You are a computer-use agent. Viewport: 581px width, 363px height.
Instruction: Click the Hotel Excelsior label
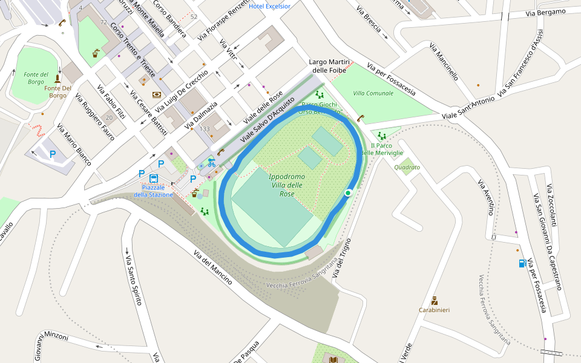(x=269, y=6)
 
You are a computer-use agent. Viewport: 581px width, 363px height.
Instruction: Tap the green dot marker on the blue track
(x=348, y=192)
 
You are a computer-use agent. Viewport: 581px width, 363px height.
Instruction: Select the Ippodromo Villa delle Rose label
(x=287, y=185)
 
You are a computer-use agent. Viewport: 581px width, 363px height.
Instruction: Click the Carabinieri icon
(x=434, y=301)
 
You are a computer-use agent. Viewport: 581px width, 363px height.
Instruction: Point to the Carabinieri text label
(x=434, y=310)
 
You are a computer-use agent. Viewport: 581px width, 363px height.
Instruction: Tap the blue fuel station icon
(x=522, y=263)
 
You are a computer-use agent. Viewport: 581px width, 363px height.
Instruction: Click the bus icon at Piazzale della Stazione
(x=154, y=178)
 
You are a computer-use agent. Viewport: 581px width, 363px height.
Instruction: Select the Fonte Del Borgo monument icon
(x=58, y=79)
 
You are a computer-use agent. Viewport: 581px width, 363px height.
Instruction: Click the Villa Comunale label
(x=373, y=93)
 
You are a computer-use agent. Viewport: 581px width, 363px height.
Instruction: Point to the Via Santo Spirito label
(x=133, y=280)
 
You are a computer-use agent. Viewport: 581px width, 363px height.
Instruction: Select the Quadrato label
(x=407, y=168)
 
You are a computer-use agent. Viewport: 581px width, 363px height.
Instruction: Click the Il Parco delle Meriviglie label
(x=382, y=149)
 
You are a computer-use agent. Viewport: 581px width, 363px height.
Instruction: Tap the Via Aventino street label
(x=487, y=197)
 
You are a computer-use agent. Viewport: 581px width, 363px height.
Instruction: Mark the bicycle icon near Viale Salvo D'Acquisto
(x=211, y=162)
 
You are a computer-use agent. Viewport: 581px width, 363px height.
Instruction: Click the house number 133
(x=205, y=129)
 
